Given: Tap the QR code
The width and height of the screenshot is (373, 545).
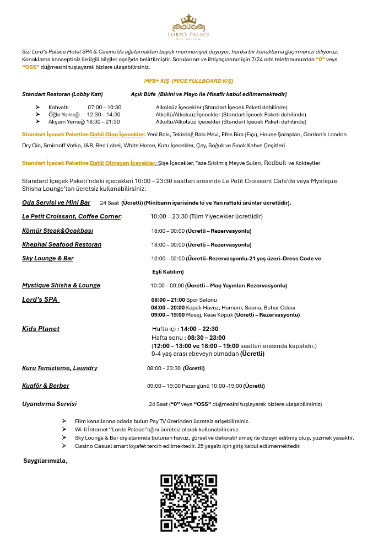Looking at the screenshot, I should coord(188,503).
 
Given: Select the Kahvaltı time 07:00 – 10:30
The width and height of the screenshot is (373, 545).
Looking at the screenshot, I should coord(104,107).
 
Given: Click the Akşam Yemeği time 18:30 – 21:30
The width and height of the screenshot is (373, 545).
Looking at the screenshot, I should coord(103,121).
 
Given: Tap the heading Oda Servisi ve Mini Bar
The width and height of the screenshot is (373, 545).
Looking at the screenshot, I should coord(56,202).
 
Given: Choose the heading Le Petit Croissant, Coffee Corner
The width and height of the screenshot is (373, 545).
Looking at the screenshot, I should coord(72,216).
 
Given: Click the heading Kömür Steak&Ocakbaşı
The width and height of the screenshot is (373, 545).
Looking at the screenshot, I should coord(57,230).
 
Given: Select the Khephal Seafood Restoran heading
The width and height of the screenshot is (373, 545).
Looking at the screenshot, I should coord(62,244).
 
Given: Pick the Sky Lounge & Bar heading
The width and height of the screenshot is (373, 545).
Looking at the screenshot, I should coord(48,258).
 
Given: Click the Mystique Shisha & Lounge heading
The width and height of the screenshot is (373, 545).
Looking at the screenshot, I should coord(61,285).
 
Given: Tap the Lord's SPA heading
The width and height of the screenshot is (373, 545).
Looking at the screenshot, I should coord(41,300).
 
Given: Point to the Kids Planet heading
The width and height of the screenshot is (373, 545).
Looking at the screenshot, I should coord(41,329).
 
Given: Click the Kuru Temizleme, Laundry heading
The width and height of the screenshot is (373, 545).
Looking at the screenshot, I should coord(60,368).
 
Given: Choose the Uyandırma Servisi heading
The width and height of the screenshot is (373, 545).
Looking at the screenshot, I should coord(50,404).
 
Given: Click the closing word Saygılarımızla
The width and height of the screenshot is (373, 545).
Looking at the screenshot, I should coord(45,460).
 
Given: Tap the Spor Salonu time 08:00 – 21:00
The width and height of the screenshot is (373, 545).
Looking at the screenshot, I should coord(167,300).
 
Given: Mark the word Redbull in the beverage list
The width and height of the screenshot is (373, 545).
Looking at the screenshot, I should coord(275,163).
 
